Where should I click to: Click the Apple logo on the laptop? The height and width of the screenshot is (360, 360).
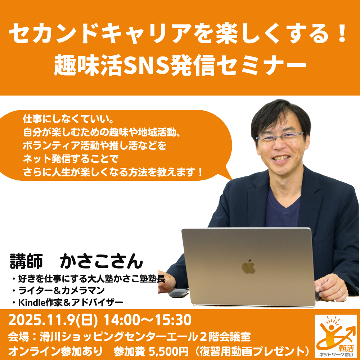[249, 267]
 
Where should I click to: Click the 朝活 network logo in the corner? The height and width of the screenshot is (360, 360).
[336, 336]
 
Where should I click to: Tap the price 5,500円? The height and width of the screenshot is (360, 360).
[168, 351]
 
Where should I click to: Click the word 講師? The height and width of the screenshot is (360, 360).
[26, 261]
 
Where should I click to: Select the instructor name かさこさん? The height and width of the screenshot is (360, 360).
[102, 261]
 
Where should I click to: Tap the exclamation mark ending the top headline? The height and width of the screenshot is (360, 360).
[342, 33]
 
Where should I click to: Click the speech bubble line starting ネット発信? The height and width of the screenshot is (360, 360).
[71, 159]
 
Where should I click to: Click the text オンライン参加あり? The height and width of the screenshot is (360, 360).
[55, 351]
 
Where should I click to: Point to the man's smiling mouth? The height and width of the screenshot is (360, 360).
[280, 158]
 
